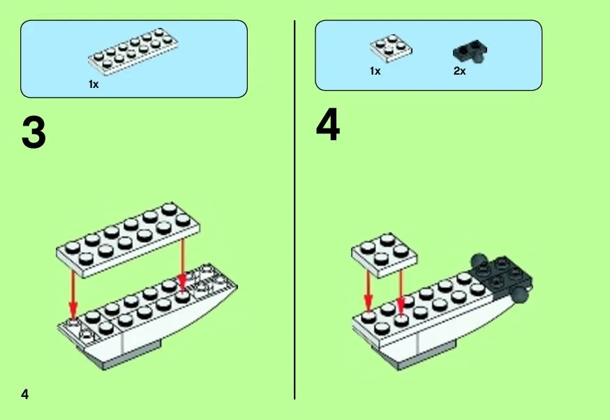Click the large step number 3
click(x=34, y=133)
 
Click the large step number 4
click(x=328, y=125)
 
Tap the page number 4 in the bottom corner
click(x=25, y=394)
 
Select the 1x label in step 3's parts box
click(x=94, y=84)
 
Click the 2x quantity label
click(x=459, y=70)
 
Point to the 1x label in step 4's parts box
click(x=375, y=70)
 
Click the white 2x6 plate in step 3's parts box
click(x=133, y=52)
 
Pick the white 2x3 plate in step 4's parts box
click(x=391, y=49)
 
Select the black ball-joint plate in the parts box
click(x=470, y=52)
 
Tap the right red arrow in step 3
click(x=182, y=265)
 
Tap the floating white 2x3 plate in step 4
click(x=385, y=255)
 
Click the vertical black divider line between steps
click(x=295, y=209)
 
